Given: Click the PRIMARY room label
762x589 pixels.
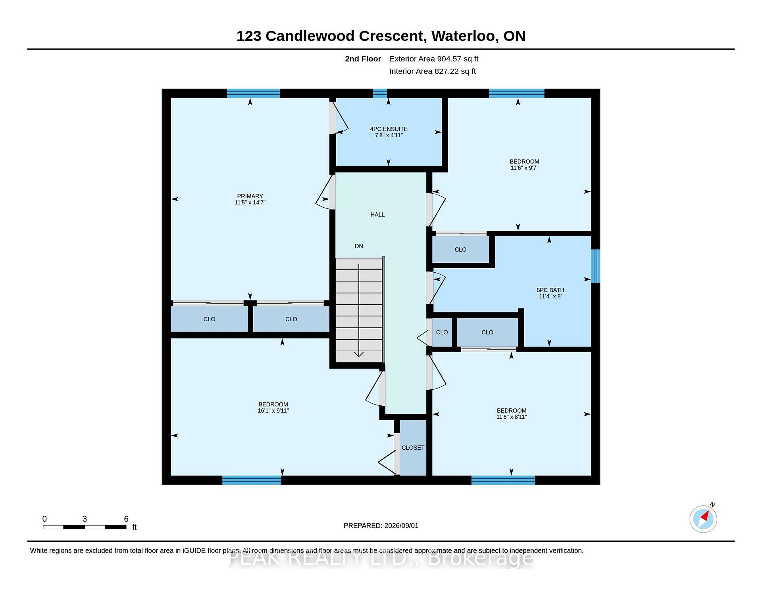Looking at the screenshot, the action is pyautogui.click(x=250, y=196).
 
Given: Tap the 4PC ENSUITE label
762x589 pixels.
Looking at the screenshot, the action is pyautogui.click(x=389, y=129).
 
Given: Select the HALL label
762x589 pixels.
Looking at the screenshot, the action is pyautogui.click(x=377, y=215).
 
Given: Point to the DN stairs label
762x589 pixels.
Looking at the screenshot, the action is pyautogui.click(x=359, y=246).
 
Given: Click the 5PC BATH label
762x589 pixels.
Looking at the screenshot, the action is pyautogui.click(x=550, y=290).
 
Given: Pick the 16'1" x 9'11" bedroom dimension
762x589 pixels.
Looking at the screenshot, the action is pyautogui.click(x=273, y=411).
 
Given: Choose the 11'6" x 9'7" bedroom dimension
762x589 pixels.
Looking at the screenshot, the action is pyautogui.click(x=524, y=168).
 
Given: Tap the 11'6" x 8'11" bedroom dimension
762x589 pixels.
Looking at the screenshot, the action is pyautogui.click(x=512, y=417).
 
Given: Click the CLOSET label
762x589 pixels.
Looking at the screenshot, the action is pyautogui.click(x=413, y=448).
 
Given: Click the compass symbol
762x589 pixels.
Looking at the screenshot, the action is pyautogui.click(x=703, y=519).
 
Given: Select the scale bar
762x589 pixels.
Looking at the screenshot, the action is pyautogui.click(x=85, y=527).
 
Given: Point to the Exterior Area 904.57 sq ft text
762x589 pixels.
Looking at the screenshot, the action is pyautogui.click(x=434, y=59).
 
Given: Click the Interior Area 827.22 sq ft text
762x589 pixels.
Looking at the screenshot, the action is pyautogui.click(x=433, y=71).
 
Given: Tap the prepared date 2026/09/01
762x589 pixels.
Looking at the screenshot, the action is pyautogui.click(x=401, y=525).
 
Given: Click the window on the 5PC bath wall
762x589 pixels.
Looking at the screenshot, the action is pyautogui.click(x=595, y=266).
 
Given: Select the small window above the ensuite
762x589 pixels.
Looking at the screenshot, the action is pyautogui.click(x=380, y=93).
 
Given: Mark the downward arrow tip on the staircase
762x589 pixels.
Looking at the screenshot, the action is pyautogui.click(x=359, y=356).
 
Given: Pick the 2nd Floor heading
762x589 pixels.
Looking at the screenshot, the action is pyautogui.click(x=363, y=59).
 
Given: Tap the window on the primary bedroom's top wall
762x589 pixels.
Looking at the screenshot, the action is pyautogui.click(x=254, y=93).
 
